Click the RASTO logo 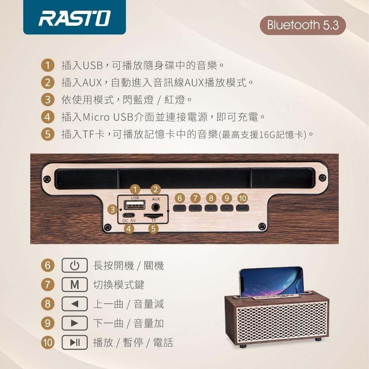coord(74,18)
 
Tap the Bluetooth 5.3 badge coord(303,25)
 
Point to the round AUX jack coord(156,205)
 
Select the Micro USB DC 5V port coord(129,215)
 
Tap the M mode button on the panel coord(195,208)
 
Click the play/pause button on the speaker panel coord(242,208)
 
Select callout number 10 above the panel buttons coord(242,198)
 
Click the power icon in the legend coord(75,265)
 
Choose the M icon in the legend coord(75,285)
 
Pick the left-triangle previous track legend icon coord(75,304)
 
